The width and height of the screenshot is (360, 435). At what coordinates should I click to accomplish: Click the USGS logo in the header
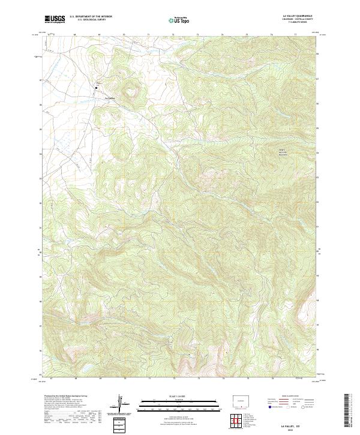pyautogui.click(x=55, y=19)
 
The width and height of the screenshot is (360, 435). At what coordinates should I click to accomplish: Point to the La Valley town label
pyautogui.click(x=109, y=98)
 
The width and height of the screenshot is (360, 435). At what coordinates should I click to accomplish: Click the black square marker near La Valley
pyautogui.click(x=95, y=88)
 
